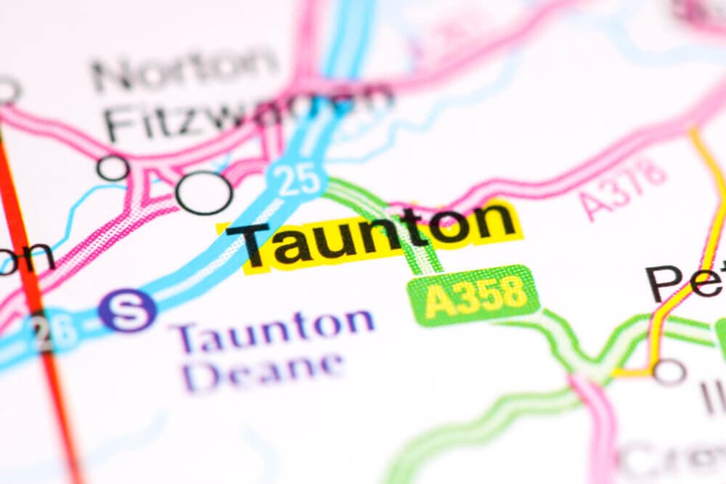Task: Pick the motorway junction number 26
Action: pyautogui.click(x=54, y=330)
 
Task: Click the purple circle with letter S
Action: pyautogui.click(x=128, y=310)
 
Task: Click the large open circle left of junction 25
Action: pyautogui.click(x=204, y=193)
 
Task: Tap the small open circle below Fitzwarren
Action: pyautogui.click(x=113, y=168)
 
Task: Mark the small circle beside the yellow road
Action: pyautogui.click(x=669, y=372)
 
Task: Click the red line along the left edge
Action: pyautogui.click(x=33, y=290)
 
